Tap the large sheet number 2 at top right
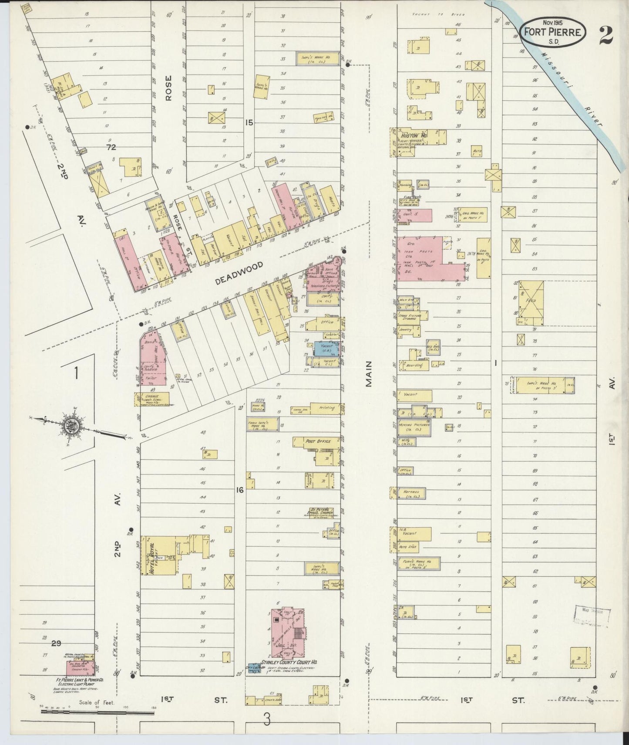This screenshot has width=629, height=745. tap(605, 35)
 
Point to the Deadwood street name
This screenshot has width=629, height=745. tap(239, 274)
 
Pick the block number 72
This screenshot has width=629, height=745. tap(111, 147)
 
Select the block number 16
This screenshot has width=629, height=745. tap(239, 490)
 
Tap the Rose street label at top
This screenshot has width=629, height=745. tap(168, 88)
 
